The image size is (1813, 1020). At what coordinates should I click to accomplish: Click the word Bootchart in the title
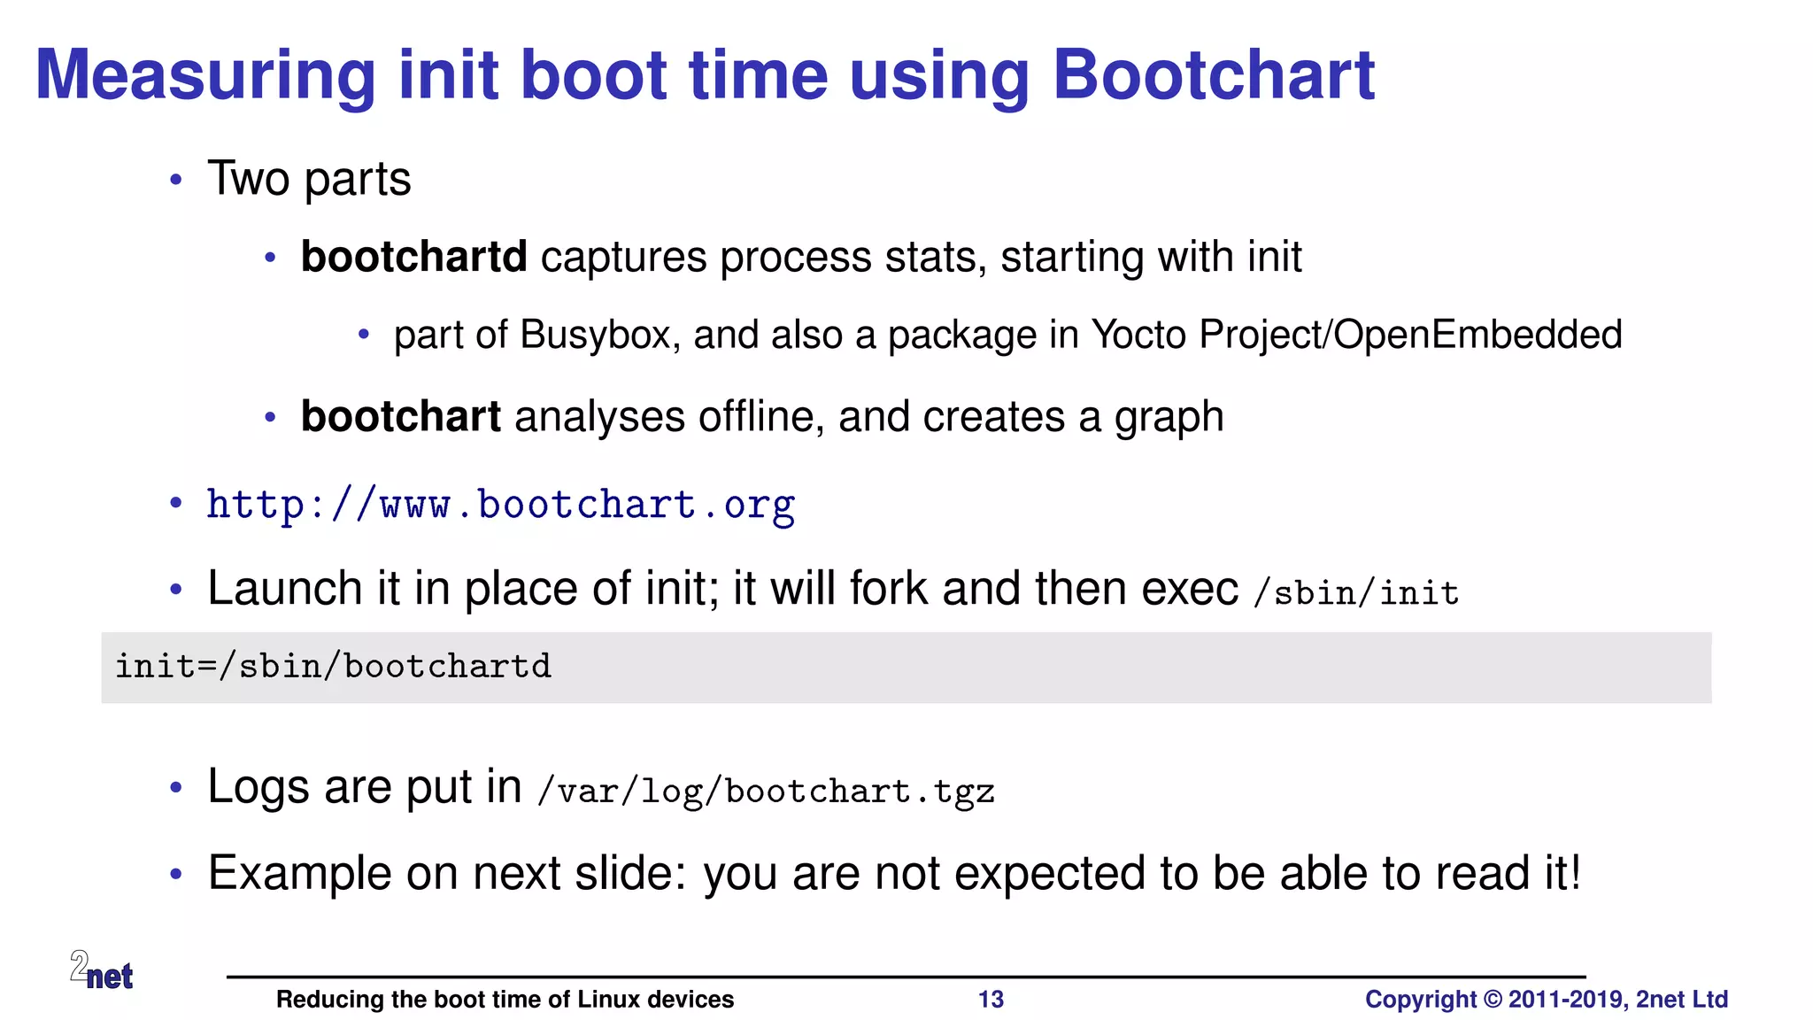(x=1213, y=75)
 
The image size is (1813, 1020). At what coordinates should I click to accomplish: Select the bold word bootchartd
(x=413, y=258)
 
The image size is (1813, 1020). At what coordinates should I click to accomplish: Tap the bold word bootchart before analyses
(x=400, y=417)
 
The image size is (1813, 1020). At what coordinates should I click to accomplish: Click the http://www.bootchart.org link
(x=500, y=506)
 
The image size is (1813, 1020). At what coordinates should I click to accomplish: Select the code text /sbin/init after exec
(x=1356, y=592)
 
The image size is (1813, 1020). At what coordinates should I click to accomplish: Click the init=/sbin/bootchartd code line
(x=333, y=667)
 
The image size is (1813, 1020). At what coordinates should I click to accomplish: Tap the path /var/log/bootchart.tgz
(x=766, y=791)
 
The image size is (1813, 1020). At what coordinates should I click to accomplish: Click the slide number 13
(x=991, y=1000)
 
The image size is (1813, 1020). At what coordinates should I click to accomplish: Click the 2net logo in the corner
(x=102, y=970)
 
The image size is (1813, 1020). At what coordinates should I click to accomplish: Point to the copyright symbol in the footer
(x=1493, y=1000)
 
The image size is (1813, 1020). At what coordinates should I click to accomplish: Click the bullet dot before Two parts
(x=176, y=180)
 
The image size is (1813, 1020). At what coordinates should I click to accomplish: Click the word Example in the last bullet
(x=299, y=874)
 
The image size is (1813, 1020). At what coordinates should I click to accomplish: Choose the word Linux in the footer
(x=609, y=1000)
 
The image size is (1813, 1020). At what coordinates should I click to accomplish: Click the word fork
(x=889, y=589)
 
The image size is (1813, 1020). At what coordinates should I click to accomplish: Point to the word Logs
(x=258, y=786)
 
